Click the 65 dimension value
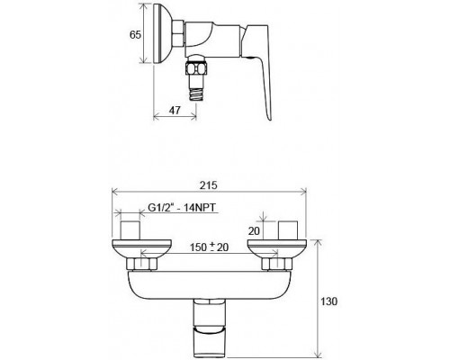click(x=135, y=35)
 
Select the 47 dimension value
click(x=175, y=110)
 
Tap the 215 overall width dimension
click(x=209, y=185)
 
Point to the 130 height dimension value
click(x=329, y=301)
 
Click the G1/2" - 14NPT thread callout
click(x=182, y=208)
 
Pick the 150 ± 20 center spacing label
click(x=209, y=247)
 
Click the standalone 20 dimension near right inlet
click(x=254, y=231)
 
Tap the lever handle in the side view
click(x=256, y=72)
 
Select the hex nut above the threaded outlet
click(x=196, y=68)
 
